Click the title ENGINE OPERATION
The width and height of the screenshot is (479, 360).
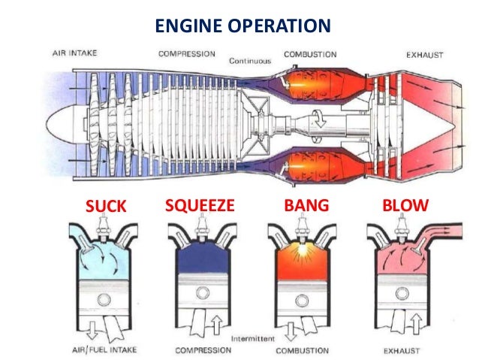point(242,26)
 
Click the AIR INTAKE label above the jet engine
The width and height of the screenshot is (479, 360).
point(76,54)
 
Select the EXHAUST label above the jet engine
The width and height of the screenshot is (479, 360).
point(426,55)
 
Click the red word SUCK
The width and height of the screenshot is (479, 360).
point(107,205)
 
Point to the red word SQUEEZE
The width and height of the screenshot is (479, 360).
point(200,204)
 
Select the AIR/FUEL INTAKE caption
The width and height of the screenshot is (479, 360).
point(103,350)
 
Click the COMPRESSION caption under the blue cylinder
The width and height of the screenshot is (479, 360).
point(203,350)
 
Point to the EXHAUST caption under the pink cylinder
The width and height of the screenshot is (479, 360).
point(399,350)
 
